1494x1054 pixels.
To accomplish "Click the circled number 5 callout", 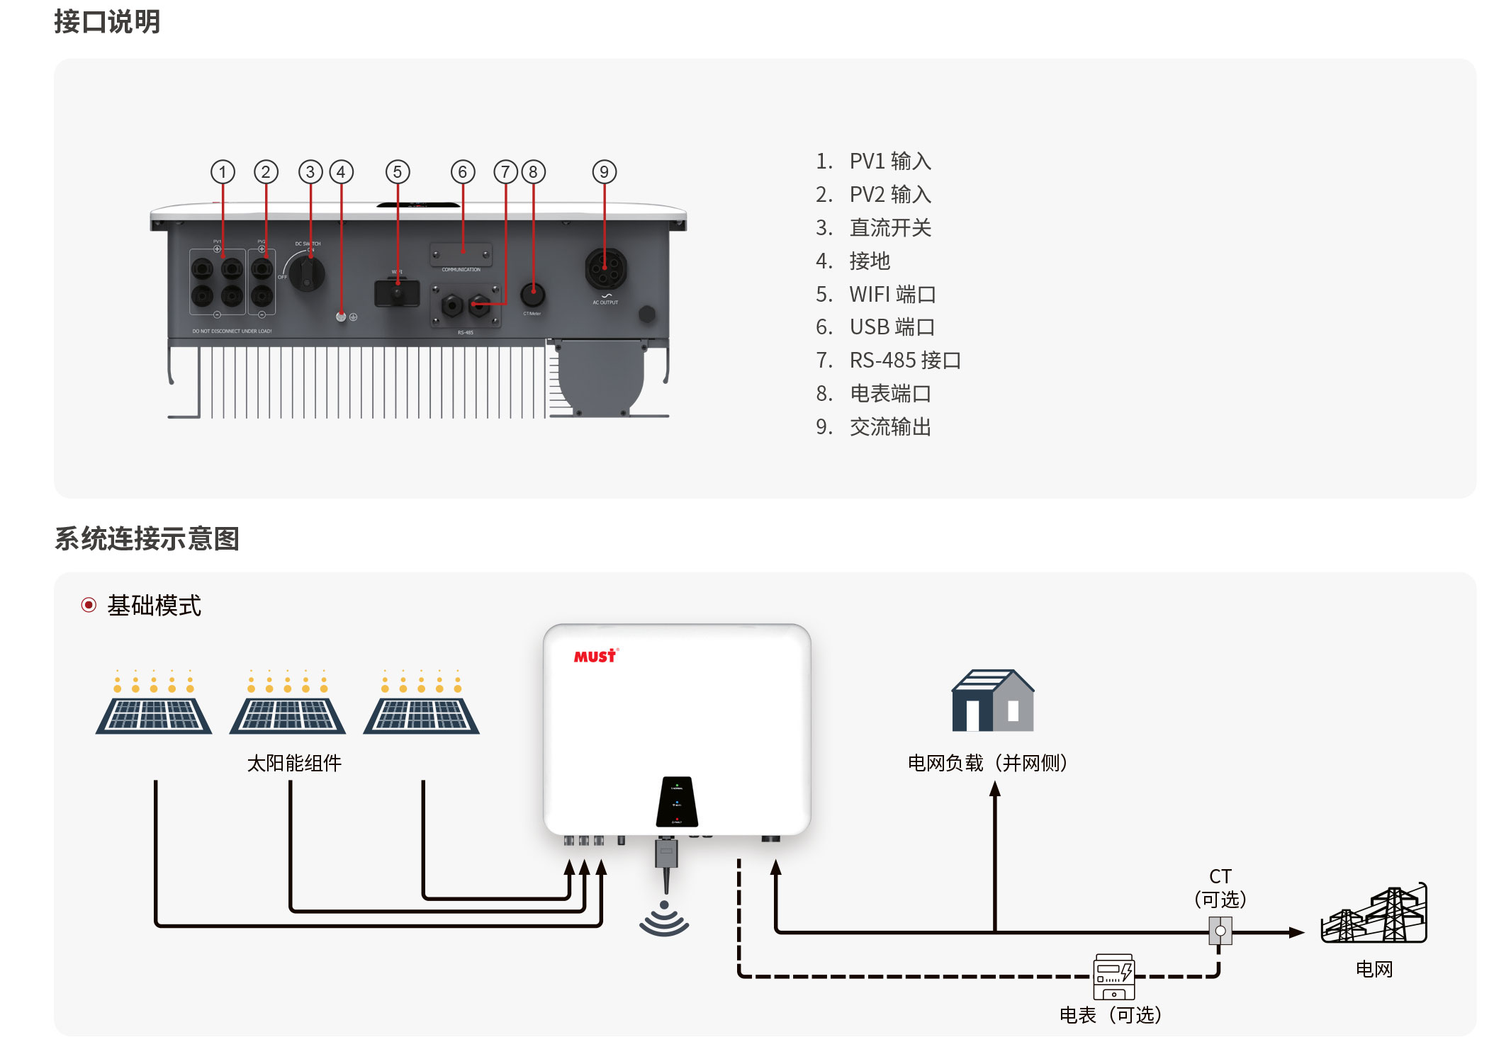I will tap(398, 171).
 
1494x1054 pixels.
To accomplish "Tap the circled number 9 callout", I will tap(604, 171).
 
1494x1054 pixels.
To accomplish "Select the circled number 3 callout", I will tap(310, 171).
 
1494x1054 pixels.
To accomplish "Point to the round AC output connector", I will tap(605, 268).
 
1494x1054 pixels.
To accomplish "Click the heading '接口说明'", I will tap(107, 21).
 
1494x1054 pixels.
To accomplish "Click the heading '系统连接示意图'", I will tap(147, 538).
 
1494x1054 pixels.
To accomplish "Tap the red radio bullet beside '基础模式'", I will tap(89, 605).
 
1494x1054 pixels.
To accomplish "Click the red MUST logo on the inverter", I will tap(595, 656).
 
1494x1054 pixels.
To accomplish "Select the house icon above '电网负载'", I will tap(992, 701).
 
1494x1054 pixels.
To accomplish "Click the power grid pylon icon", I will tap(1374, 915).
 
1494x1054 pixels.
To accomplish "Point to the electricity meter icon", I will tap(1113, 977).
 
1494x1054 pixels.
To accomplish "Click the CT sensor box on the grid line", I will tap(1220, 931).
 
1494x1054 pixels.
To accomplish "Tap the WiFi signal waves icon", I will tap(664, 919).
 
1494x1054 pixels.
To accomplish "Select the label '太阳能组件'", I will tap(294, 763).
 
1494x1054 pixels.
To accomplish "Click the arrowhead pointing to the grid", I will tap(1296, 932).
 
